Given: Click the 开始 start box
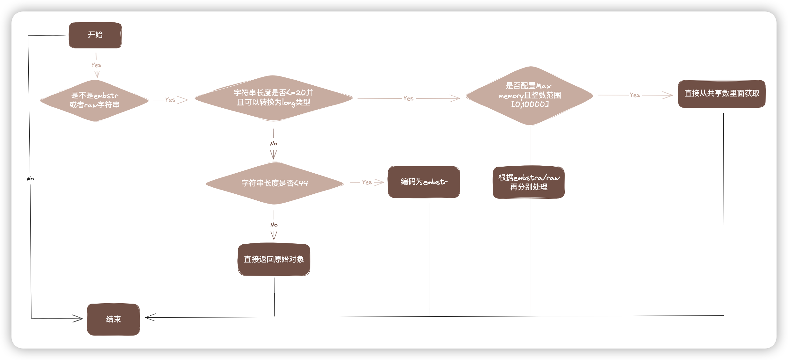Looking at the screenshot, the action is [x=95, y=35].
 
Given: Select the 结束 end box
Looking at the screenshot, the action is [x=113, y=319].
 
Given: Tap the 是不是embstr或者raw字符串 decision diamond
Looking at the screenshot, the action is [x=94, y=100].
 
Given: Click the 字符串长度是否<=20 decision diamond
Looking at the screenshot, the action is [x=274, y=98].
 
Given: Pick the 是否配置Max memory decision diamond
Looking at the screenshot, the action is [x=529, y=95].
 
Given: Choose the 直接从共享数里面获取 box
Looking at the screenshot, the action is [x=722, y=94].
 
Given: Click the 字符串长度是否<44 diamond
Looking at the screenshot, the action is [x=274, y=183].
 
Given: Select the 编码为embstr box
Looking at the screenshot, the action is [x=424, y=182].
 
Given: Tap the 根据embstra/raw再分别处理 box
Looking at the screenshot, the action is [x=529, y=182].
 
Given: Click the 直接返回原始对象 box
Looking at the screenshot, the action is [x=274, y=259].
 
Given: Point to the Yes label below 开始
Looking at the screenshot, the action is [x=96, y=65].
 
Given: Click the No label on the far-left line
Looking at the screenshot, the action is [x=30, y=179].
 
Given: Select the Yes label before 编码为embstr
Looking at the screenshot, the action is [x=367, y=182].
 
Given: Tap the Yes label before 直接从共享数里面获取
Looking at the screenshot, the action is [x=635, y=95].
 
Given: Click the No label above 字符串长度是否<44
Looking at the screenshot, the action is [x=274, y=144].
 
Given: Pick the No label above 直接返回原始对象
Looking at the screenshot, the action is [x=274, y=225].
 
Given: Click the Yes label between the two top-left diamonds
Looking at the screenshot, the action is [x=170, y=100].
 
